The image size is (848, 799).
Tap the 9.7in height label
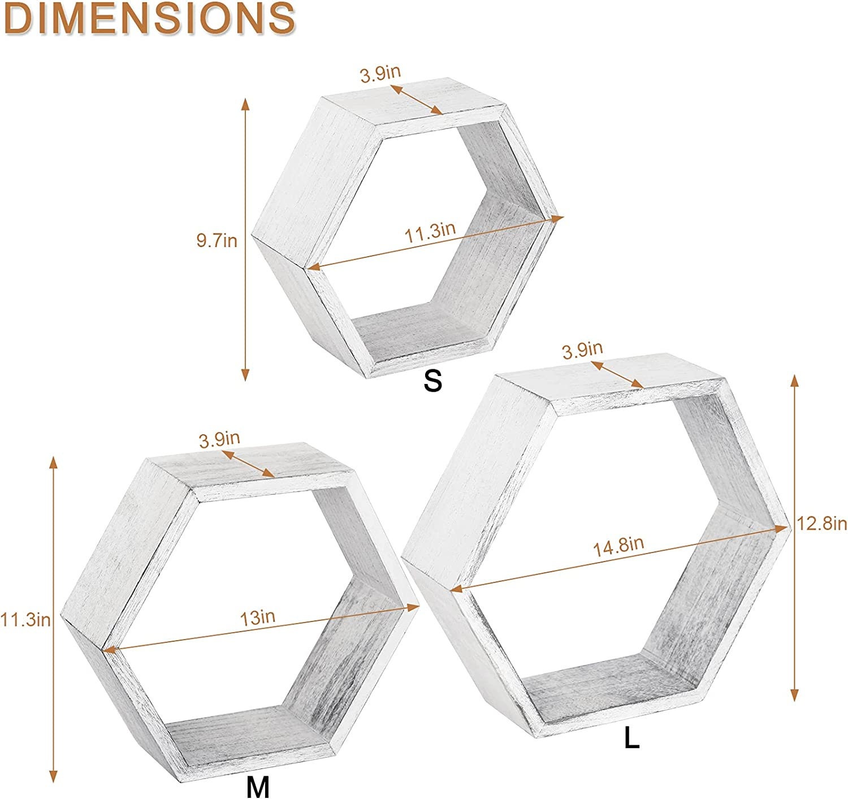[217, 240]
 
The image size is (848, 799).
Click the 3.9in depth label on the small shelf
[380, 74]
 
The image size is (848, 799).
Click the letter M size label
[258, 787]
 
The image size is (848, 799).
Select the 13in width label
[257, 617]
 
